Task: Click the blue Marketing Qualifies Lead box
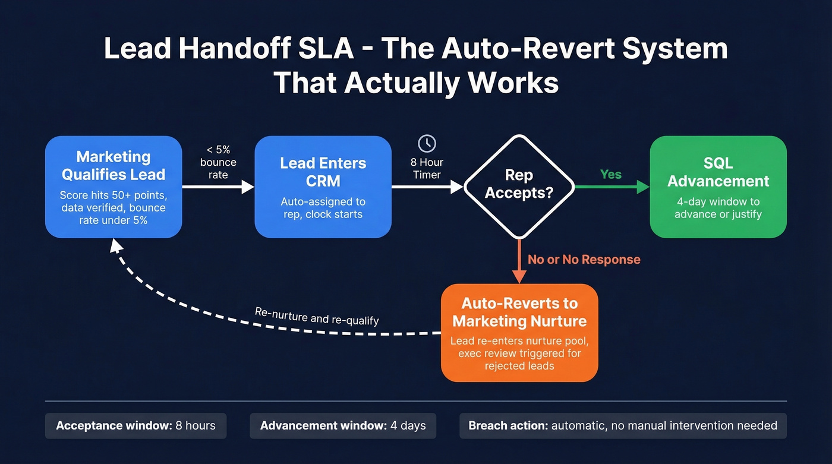tap(114, 187)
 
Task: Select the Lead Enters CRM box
tap(323, 187)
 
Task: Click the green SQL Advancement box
tap(718, 187)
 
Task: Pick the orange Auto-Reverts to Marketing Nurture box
tap(519, 333)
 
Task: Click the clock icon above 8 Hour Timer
tap(427, 143)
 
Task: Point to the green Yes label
tap(610, 175)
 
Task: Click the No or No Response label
tap(584, 260)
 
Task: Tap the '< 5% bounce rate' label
tap(218, 162)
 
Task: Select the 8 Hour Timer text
tap(427, 168)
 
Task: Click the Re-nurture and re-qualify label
tap(317, 315)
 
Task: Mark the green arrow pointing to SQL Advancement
tap(612, 187)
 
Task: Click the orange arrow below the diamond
tap(519, 261)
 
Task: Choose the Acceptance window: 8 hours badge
tap(135, 426)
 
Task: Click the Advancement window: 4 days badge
tap(342, 426)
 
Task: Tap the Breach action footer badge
tap(623, 426)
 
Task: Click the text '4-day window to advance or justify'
tap(718, 208)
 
